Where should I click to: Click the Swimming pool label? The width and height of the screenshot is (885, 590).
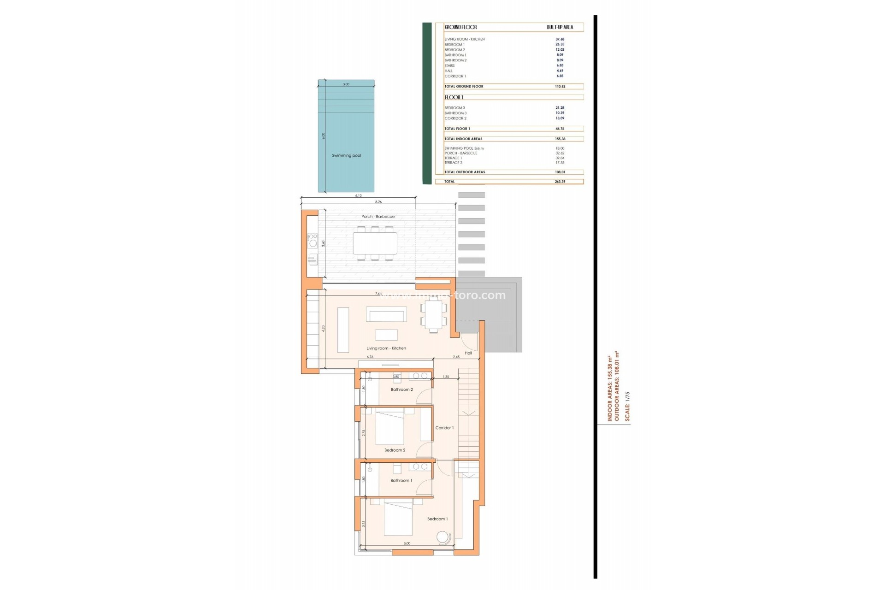click(x=346, y=156)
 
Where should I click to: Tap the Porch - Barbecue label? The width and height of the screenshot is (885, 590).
click(x=378, y=217)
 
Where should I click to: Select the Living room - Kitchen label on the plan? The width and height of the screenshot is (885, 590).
click(x=386, y=348)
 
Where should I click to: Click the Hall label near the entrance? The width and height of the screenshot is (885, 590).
click(x=468, y=353)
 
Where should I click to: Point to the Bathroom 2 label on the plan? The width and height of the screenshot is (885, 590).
click(x=401, y=390)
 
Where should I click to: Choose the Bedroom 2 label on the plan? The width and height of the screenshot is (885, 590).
click(x=395, y=450)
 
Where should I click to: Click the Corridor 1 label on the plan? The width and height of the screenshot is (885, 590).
click(x=444, y=428)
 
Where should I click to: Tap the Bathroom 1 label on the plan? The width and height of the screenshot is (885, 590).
click(x=401, y=481)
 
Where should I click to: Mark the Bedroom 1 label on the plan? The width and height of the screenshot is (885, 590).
click(x=437, y=519)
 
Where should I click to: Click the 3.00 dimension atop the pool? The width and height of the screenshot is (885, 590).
click(x=346, y=84)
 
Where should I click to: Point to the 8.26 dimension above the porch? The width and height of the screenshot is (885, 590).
click(x=378, y=202)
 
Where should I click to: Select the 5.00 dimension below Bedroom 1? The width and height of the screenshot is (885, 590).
click(x=407, y=543)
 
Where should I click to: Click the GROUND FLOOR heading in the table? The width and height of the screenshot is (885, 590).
click(x=460, y=27)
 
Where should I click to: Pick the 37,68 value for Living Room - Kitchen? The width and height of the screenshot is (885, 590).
click(x=560, y=39)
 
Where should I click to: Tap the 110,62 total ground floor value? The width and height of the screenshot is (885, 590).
click(x=560, y=87)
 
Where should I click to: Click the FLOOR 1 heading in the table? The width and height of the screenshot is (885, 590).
click(x=454, y=97)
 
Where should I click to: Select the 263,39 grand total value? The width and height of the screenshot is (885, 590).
click(x=560, y=182)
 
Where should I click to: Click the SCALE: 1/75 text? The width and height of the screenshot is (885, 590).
click(x=627, y=406)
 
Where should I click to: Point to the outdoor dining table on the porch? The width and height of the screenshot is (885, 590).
click(x=375, y=243)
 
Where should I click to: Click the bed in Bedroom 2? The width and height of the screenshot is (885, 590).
click(x=389, y=428)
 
